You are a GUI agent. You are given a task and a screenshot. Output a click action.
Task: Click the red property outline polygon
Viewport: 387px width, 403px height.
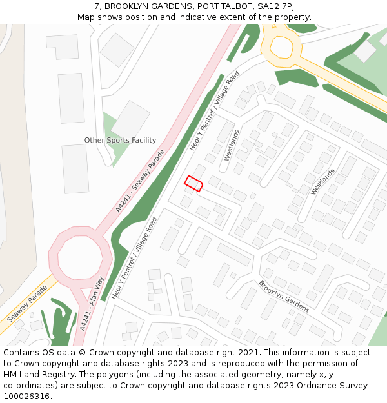click(x=193, y=183)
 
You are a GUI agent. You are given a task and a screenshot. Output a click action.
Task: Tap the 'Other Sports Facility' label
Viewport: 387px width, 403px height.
click(x=120, y=140)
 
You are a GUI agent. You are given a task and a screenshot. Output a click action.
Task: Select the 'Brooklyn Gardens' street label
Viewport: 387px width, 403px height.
click(x=284, y=296)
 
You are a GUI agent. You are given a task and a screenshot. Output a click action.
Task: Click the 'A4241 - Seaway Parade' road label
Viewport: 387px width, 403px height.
click(x=140, y=181)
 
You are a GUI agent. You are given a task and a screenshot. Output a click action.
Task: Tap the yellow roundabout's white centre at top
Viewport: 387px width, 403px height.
click(x=282, y=46)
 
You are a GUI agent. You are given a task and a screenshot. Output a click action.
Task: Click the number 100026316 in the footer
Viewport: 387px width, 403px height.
click(x=26, y=396)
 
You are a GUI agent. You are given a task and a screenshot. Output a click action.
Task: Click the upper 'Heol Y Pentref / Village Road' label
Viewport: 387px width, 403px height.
click(x=214, y=110)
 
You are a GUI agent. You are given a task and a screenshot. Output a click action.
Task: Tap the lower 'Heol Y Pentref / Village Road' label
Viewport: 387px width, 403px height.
click(x=134, y=258)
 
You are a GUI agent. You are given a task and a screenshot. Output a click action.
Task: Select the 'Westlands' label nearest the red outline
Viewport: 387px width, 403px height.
click(x=231, y=145)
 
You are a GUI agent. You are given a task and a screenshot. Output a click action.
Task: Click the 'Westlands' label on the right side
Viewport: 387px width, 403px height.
click(x=322, y=181)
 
